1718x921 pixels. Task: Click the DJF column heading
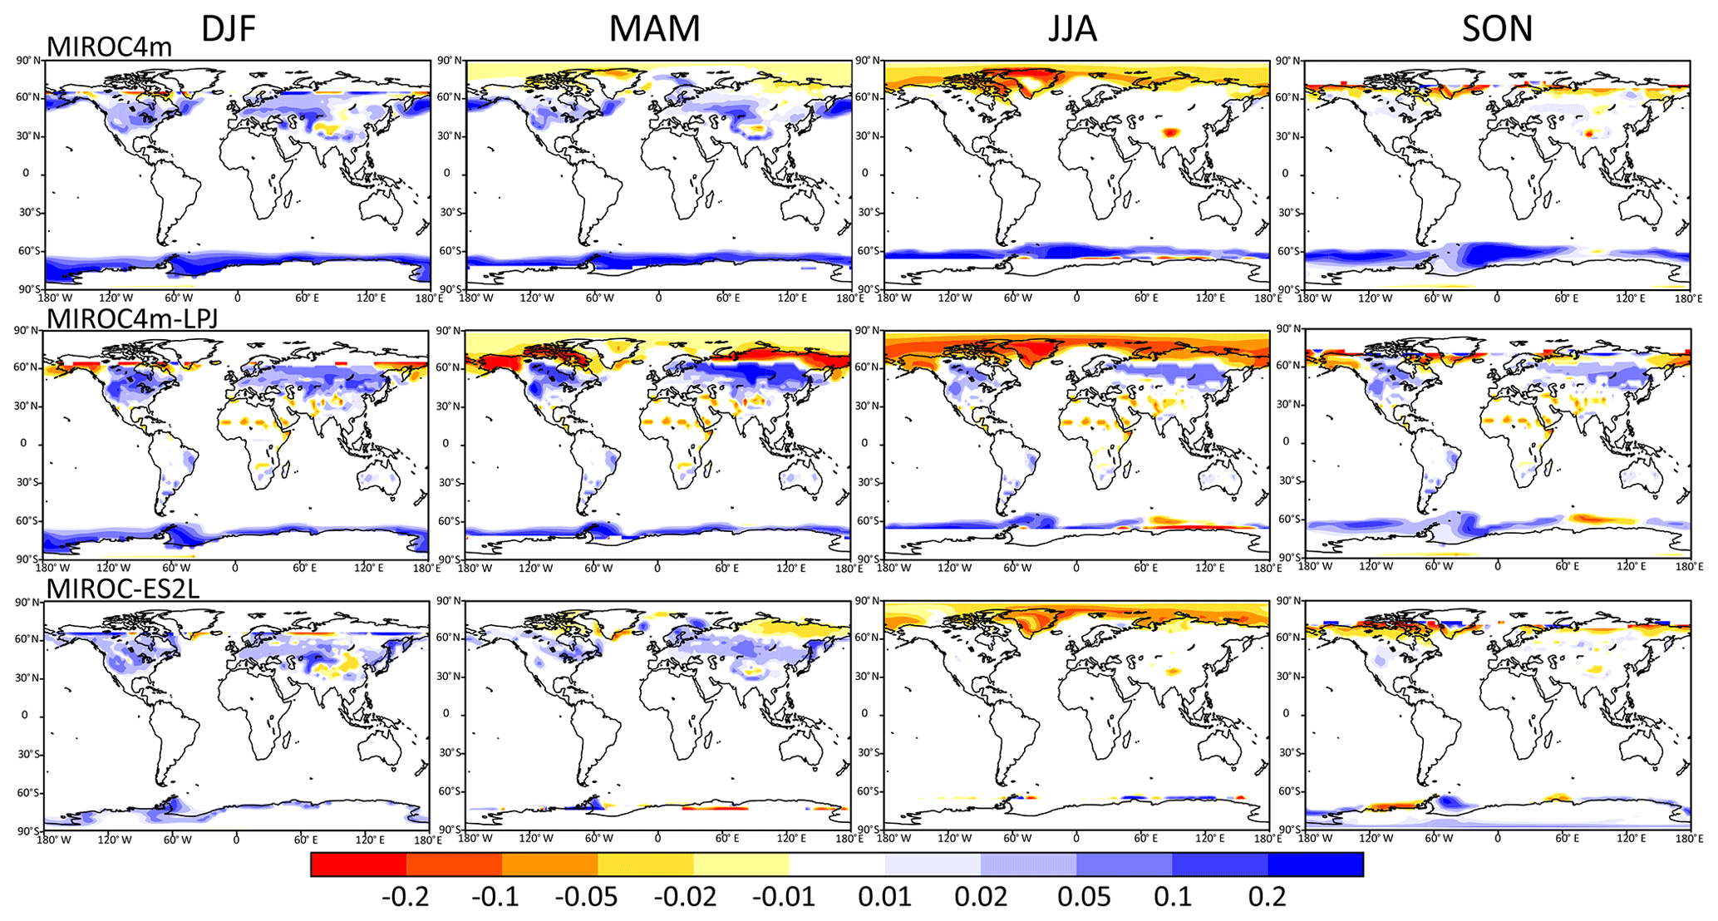pyautogui.click(x=229, y=29)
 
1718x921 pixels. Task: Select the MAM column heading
pyautogui.click(x=654, y=29)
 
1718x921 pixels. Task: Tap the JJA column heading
pyautogui.click(x=1072, y=29)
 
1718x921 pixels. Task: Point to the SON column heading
pyautogui.click(x=1497, y=29)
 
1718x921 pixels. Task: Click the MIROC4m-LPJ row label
pyautogui.click(x=132, y=318)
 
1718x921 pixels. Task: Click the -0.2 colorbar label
pyautogui.click(x=405, y=897)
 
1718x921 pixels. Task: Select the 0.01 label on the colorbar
pyautogui.click(x=884, y=897)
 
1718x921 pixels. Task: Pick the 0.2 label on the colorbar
pyautogui.click(x=1268, y=897)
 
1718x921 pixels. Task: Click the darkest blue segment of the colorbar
pyautogui.click(x=1315, y=864)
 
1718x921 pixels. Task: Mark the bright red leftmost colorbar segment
pyautogui.click(x=358, y=864)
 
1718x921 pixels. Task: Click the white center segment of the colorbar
pyautogui.click(x=837, y=864)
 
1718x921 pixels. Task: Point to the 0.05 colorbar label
pyautogui.click(x=1084, y=897)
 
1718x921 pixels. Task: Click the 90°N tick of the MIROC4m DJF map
pyautogui.click(x=28, y=61)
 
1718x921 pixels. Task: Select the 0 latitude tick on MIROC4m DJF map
pyautogui.click(x=27, y=174)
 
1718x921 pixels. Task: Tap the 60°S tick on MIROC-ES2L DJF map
pyautogui.click(x=28, y=793)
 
